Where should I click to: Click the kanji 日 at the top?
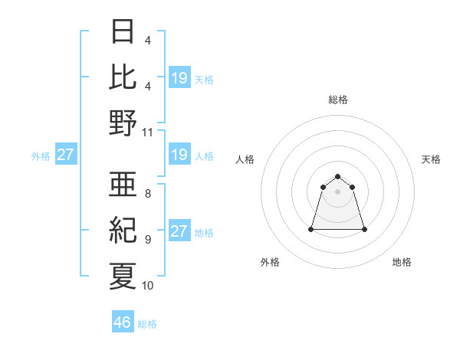click(x=123, y=31)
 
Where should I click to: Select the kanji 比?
click(x=123, y=77)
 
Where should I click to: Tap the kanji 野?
click(x=123, y=123)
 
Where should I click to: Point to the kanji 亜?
click(x=123, y=183)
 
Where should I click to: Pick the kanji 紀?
click(x=123, y=229)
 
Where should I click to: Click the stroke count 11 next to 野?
click(x=148, y=132)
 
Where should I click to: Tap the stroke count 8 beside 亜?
click(x=148, y=193)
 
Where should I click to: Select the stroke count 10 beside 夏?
click(x=148, y=285)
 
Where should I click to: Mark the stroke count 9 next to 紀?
click(x=148, y=239)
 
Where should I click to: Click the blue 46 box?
click(x=123, y=322)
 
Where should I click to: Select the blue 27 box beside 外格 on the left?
click(x=65, y=155)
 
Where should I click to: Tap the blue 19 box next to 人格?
click(x=179, y=155)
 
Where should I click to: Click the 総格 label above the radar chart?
click(x=338, y=100)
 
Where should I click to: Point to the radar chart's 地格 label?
click(x=402, y=262)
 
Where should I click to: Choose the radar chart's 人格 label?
click(x=245, y=159)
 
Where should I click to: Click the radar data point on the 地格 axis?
click(x=363, y=229)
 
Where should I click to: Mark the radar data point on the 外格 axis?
click(x=312, y=229)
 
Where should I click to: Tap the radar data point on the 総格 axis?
click(x=338, y=175)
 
